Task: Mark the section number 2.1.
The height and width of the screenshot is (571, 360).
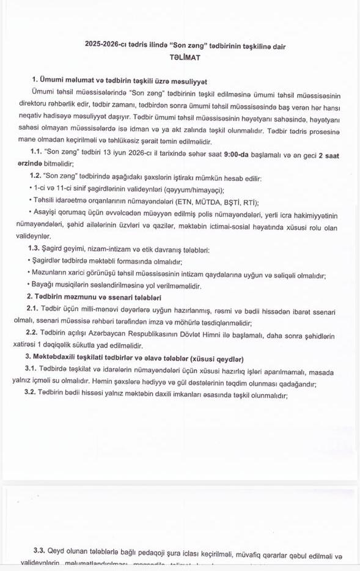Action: point(32,309)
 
